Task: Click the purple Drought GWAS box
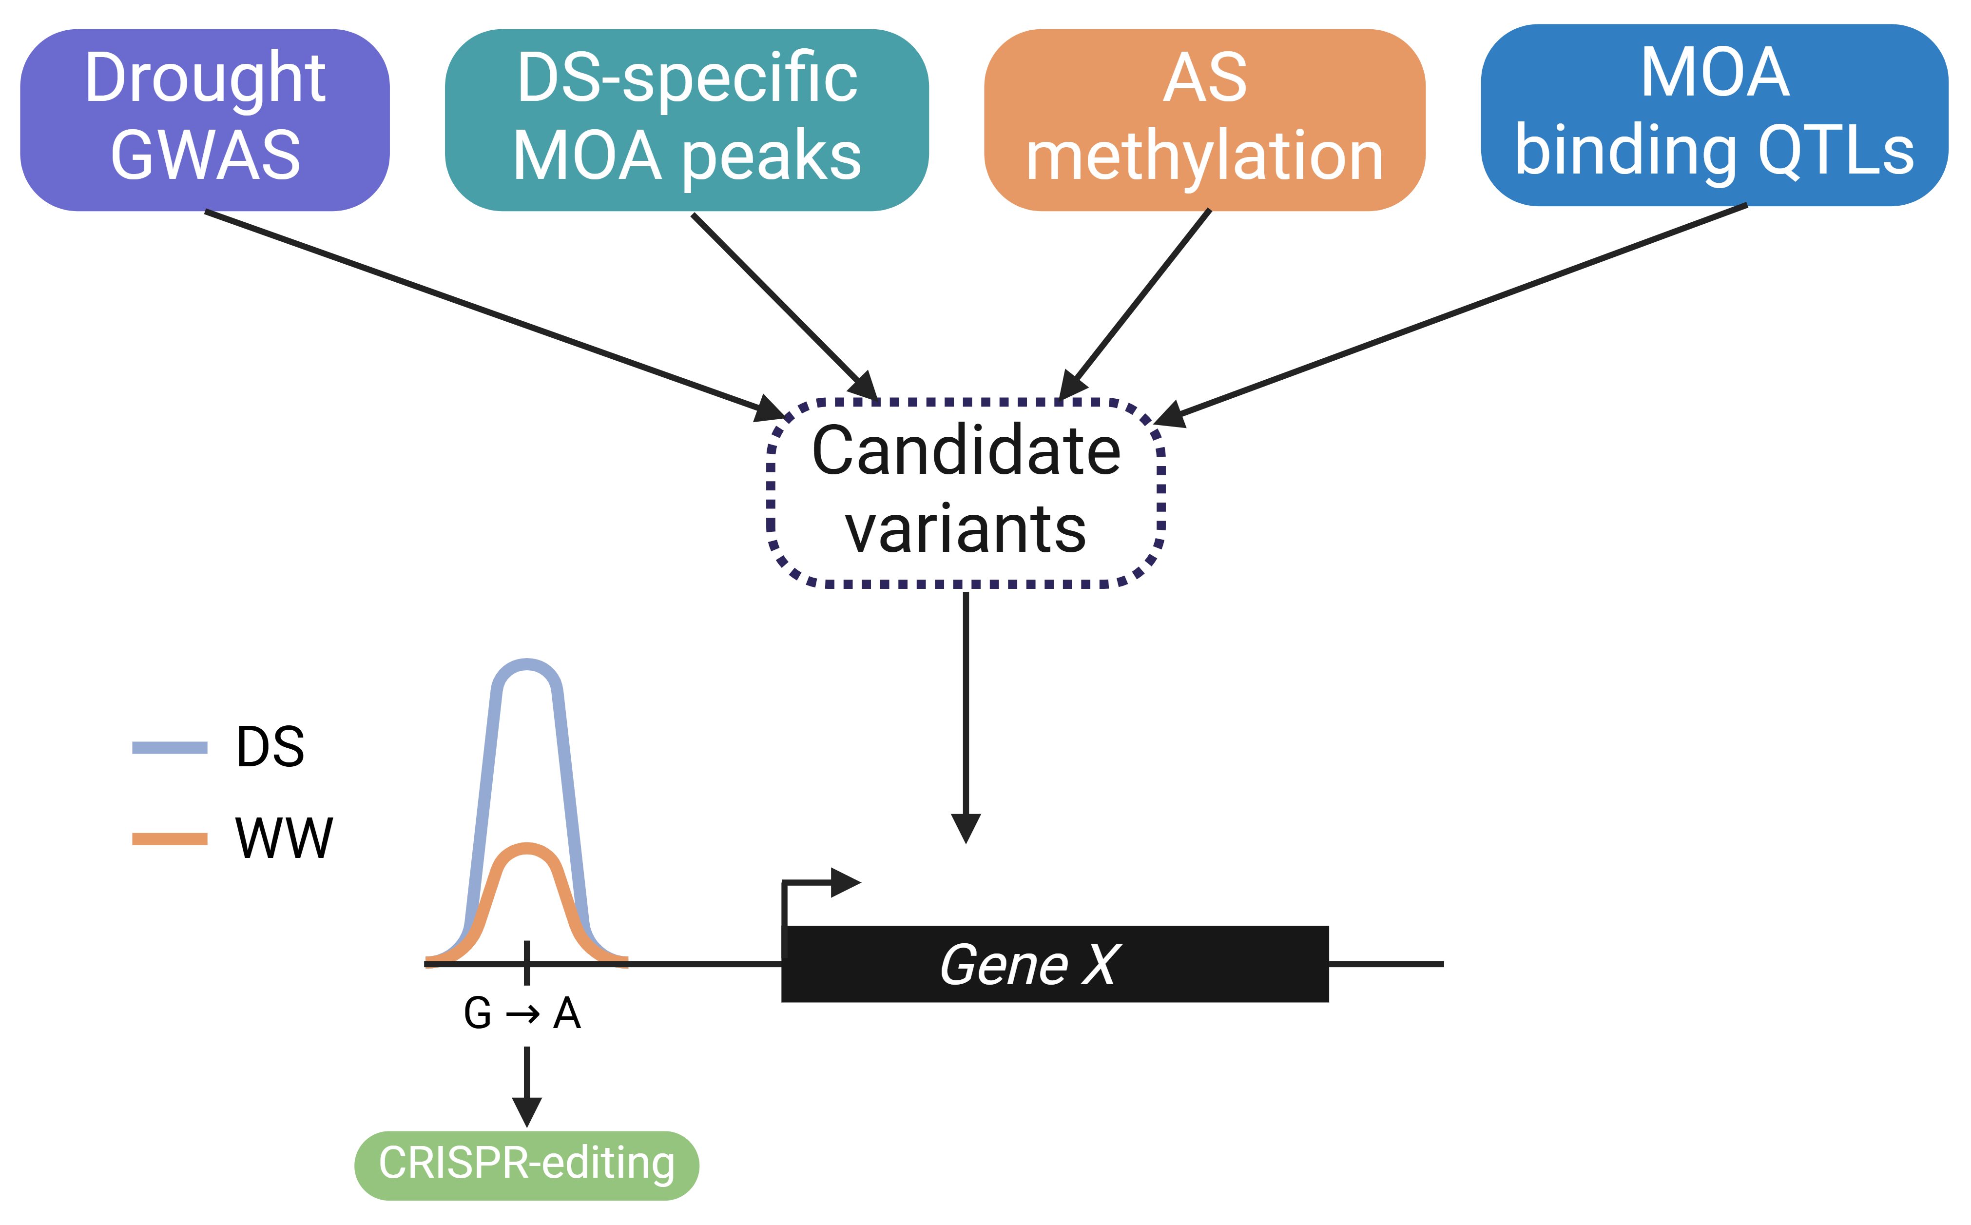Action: pyautogui.click(x=205, y=120)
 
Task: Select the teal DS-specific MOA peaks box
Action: pyautogui.click(x=686, y=120)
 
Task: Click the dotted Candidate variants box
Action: pyautogui.click(x=965, y=492)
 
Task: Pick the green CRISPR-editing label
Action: pyautogui.click(x=526, y=1164)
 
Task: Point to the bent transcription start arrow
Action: pyautogui.click(x=818, y=883)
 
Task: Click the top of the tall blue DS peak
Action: pyautogui.click(x=526, y=664)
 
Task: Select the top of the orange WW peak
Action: pyautogui.click(x=526, y=848)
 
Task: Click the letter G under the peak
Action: pyautogui.click(x=477, y=1013)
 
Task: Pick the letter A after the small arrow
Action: pyautogui.click(x=567, y=1013)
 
